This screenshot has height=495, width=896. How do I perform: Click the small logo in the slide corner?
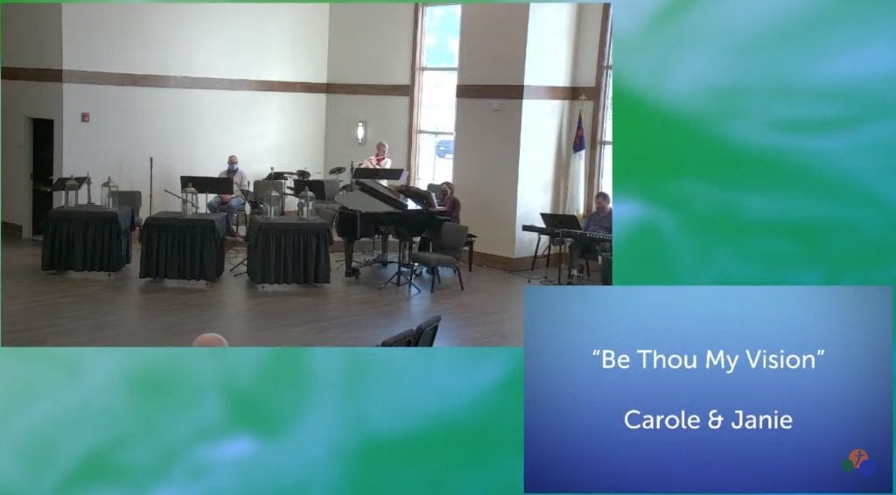point(858,462)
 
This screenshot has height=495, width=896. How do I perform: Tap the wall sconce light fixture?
point(360,132)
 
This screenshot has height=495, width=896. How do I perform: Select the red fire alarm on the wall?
point(85,117)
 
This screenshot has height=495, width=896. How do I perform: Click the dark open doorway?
point(42,176)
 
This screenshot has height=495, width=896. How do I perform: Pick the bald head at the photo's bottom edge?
point(210,340)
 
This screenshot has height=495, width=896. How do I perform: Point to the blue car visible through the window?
point(444,149)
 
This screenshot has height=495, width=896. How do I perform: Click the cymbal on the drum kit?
point(337,171)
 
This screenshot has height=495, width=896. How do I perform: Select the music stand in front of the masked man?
point(206,185)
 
